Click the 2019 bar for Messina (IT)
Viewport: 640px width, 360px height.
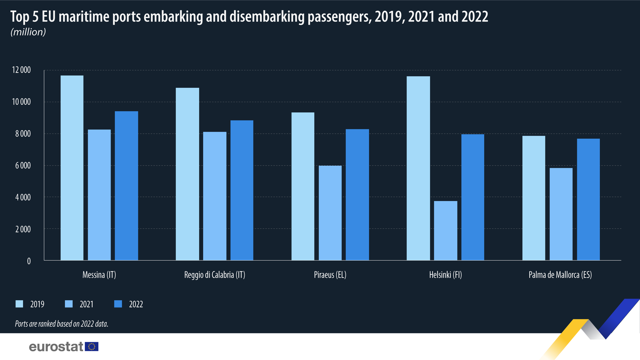tap(72, 168)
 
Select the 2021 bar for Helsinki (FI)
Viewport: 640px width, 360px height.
tap(445, 231)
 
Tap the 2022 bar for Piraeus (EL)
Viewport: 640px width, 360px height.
tap(357, 194)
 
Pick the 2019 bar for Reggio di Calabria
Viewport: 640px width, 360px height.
tap(187, 174)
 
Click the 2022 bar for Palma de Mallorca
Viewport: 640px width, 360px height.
tap(588, 199)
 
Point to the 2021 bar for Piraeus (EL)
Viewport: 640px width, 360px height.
tap(330, 213)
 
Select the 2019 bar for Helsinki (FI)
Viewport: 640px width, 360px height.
tap(418, 168)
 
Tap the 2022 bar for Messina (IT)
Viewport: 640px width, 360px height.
tap(126, 186)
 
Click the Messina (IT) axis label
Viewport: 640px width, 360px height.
tap(99, 275)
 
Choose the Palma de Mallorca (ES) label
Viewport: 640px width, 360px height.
tap(560, 275)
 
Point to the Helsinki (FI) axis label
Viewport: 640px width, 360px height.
tap(445, 275)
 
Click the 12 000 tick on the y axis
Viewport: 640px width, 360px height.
tap(21, 70)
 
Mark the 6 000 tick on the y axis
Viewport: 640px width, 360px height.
tap(23, 165)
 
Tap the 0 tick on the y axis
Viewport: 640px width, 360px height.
tap(29, 261)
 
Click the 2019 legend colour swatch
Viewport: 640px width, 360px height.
tap(19, 304)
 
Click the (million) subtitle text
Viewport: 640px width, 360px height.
tap(28, 32)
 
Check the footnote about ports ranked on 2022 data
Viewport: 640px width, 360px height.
tap(62, 324)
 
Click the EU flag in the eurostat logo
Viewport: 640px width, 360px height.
tap(92, 347)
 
